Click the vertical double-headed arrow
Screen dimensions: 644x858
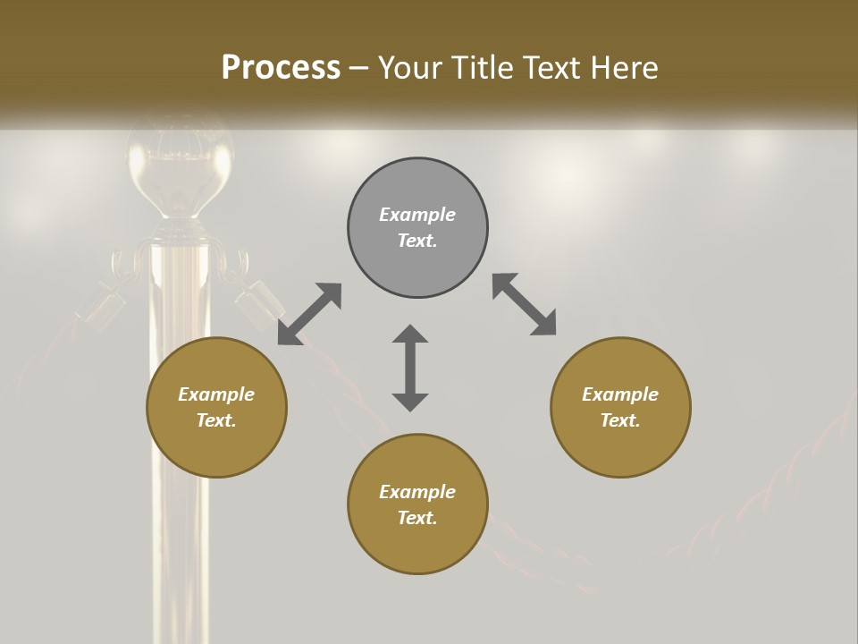coord(410,368)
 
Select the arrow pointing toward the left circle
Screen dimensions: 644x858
coord(309,314)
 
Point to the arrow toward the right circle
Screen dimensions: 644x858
coord(525,304)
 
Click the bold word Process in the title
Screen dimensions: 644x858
coord(281,67)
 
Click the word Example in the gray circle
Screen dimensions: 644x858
coord(417,215)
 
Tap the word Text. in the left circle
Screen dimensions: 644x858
coord(216,420)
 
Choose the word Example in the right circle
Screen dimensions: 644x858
coord(620,394)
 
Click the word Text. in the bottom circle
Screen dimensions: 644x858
coord(417,518)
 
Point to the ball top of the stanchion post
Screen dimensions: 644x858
coord(180,170)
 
